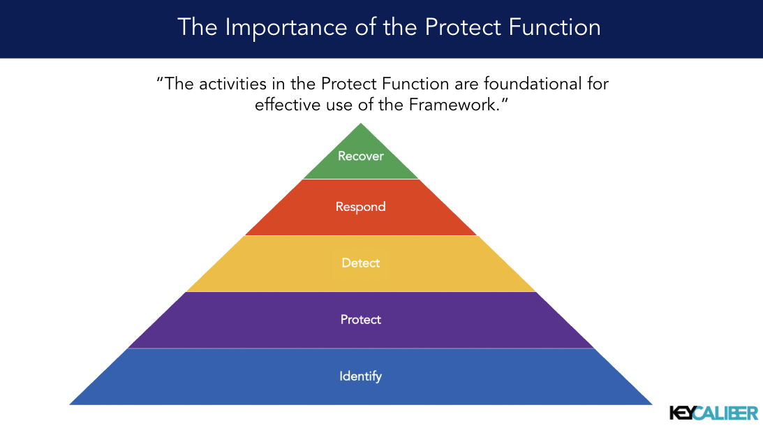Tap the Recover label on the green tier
tap(361, 156)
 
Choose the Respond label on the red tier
tap(360, 207)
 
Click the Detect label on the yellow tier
tap(361, 263)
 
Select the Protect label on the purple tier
tap(361, 319)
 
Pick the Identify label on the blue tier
tap(361, 376)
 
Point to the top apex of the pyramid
tap(361, 124)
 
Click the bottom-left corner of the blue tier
tap(71, 404)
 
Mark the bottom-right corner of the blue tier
tap(651, 404)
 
